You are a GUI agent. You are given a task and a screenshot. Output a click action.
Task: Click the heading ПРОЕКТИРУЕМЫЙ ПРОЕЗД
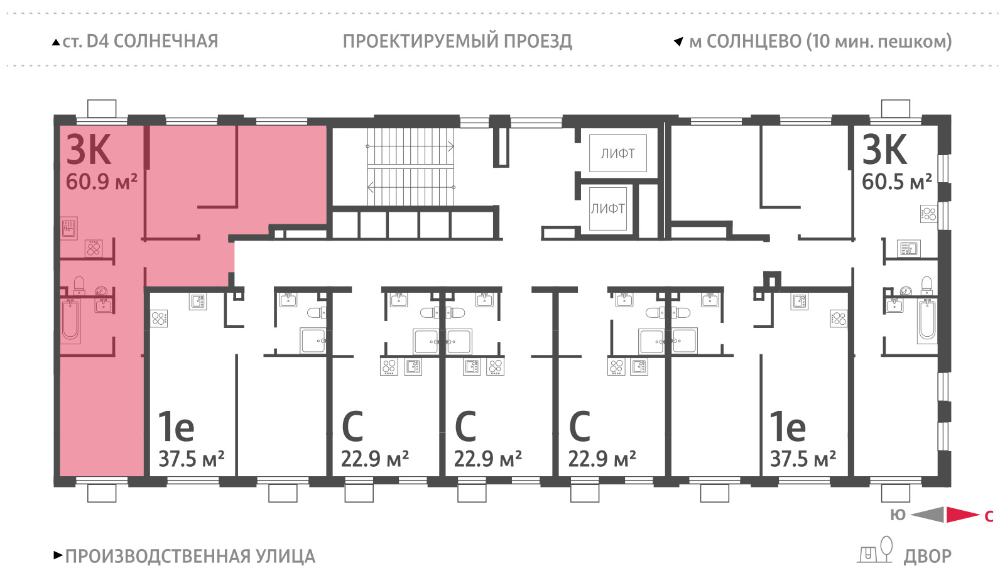(457, 41)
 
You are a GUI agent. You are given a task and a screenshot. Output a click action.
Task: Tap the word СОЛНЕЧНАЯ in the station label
(166, 41)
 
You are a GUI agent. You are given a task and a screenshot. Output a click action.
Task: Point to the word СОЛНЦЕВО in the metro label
(754, 41)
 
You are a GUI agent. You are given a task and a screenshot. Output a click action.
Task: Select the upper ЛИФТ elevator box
(618, 153)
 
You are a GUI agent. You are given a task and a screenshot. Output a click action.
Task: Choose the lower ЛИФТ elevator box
(608, 209)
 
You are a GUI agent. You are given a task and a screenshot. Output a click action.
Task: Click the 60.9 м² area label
(101, 182)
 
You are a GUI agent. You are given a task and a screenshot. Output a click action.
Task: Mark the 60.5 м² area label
(897, 182)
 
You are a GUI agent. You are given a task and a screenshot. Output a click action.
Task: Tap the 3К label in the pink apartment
(89, 150)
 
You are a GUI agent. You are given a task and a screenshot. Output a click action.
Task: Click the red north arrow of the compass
(963, 515)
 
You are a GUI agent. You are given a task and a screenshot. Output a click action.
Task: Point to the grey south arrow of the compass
(927, 515)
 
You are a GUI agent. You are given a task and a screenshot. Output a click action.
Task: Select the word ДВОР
(927, 557)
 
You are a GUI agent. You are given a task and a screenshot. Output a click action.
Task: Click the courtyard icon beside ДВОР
(875, 550)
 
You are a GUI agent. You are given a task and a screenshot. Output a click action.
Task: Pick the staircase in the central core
(411, 166)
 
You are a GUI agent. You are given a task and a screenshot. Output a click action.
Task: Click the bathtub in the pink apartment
(70, 321)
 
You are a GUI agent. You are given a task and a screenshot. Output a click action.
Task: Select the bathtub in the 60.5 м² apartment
(927, 320)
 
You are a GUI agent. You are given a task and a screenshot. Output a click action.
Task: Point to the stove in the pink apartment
(94, 248)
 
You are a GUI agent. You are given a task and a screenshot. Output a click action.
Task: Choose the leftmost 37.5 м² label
(192, 459)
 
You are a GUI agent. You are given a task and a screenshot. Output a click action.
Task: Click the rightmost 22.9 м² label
(602, 459)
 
